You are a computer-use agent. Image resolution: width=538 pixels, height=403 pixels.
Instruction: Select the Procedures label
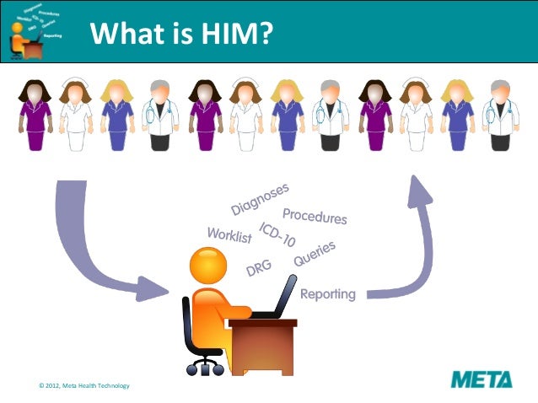(315, 216)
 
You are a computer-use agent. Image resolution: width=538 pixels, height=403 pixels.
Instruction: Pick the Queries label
(315, 254)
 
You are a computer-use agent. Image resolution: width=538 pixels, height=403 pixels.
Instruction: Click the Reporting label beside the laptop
(328, 294)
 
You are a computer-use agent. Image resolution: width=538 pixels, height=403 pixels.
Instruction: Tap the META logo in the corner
(481, 379)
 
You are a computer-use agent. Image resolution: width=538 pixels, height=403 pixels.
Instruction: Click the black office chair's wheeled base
(204, 364)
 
